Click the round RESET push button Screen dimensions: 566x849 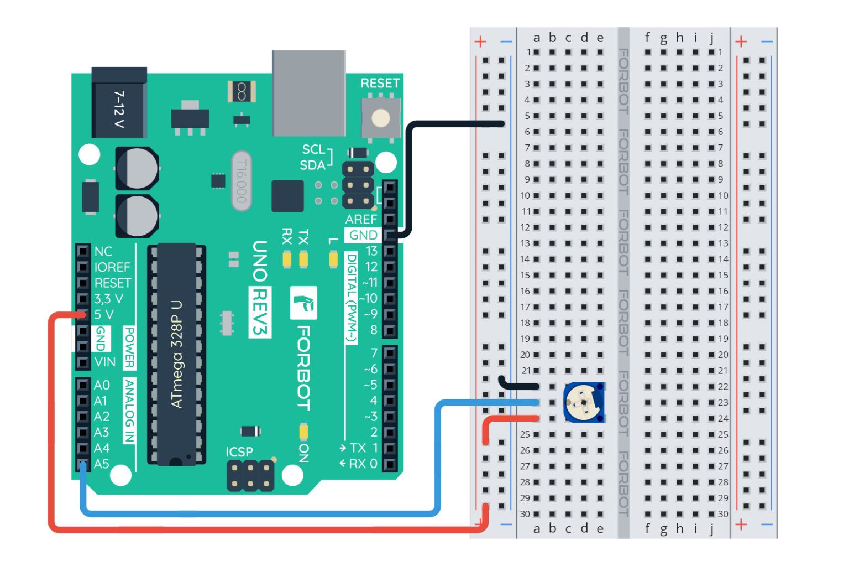click(380, 118)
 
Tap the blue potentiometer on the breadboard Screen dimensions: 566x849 click(583, 402)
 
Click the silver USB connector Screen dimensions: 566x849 click(308, 93)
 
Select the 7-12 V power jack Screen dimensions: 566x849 click(119, 103)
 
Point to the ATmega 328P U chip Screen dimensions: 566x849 click(176, 354)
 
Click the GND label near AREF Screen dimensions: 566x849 click(363, 235)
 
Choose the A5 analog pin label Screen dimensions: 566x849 click(102, 464)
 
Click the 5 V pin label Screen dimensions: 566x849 click(104, 315)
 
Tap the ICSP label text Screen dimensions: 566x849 click(239, 452)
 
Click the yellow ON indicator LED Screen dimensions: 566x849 click(303, 431)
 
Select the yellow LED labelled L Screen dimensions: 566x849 click(333, 259)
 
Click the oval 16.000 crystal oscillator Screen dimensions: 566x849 click(241, 181)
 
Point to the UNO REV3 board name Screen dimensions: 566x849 click(260, 288)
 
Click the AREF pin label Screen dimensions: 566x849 click(361, 219)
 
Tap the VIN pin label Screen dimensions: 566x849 click(105, 362)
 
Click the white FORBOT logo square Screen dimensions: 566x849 click(303, 303)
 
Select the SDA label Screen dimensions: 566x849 click(312, 165)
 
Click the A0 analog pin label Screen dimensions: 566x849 click(102, 385)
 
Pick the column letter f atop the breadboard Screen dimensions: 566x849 click(647, 38)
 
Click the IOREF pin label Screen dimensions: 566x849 click(112, 267)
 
